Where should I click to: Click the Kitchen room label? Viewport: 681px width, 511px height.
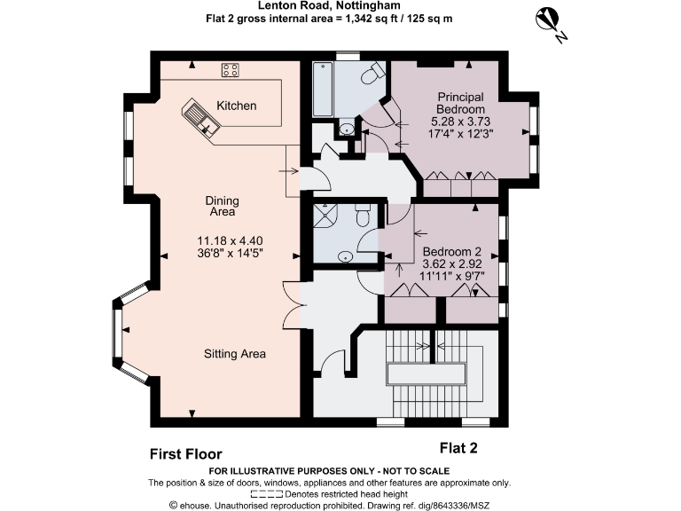(x=237, y=106)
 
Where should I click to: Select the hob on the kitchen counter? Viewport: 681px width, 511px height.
(x=231, y=69)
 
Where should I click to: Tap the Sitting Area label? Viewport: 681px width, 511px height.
(x=235, y=354)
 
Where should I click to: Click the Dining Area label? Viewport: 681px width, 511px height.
(x=222, y=207)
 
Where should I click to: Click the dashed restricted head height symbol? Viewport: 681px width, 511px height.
(x=267, y=494)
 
